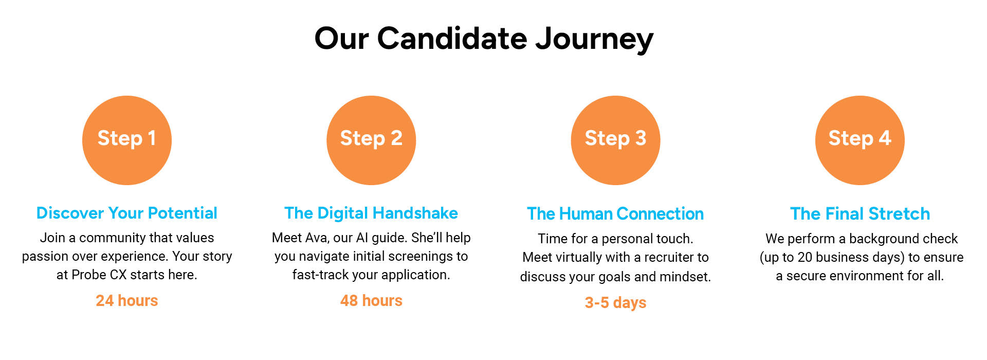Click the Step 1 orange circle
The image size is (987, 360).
127,140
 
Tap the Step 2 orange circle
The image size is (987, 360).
371,140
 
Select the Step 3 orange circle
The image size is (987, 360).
615,140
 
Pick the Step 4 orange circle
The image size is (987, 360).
860,140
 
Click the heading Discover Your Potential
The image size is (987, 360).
127,213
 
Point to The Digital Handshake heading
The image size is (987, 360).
371,213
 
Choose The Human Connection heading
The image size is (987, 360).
615,213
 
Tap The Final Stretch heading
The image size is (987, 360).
860,213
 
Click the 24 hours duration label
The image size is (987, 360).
127,300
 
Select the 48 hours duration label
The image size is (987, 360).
371,300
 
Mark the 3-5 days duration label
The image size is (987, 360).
615,302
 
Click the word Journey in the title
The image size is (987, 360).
594,39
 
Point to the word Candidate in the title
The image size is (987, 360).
452,38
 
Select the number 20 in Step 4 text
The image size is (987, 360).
806,257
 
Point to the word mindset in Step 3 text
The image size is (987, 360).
685,277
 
